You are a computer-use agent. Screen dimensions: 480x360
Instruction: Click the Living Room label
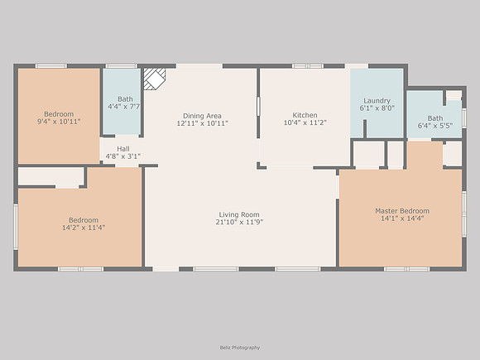click(239, 214)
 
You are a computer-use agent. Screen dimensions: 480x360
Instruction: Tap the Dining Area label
click(202, 116)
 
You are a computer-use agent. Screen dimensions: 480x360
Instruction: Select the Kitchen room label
click(305, 115)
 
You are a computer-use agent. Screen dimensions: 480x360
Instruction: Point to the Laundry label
click(377, 101)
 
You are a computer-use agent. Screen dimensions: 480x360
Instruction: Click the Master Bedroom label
click(402, 211)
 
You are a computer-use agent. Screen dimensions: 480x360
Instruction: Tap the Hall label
click(123, 149)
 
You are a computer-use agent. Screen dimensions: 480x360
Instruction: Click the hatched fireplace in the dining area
click(155, 79)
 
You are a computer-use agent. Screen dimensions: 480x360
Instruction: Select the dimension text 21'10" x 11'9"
click(239, 223)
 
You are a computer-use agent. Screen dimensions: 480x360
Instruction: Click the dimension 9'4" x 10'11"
click(59, 122)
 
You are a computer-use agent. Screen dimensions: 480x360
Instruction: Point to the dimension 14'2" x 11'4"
click(84, 228)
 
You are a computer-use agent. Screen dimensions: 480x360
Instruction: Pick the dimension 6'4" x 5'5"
click(435, 126)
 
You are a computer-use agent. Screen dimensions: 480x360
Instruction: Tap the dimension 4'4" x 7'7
click(124, 107)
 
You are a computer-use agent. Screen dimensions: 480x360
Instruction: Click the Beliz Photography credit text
click(240, 348)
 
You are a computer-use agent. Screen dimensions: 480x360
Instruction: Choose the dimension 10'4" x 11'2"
click(305, 122)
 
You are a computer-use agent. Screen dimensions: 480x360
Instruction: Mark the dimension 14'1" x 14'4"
click(402, 218)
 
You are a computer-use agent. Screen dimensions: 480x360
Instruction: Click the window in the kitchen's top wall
click(308, 66)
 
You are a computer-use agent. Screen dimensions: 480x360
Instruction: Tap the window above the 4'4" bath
click(122, 66)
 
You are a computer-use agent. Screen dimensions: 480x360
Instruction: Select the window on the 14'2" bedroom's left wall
click(16, 227)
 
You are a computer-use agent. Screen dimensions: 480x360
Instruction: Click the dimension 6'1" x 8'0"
click(377, 108)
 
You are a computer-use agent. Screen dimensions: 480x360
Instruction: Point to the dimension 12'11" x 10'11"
click(203, 123)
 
